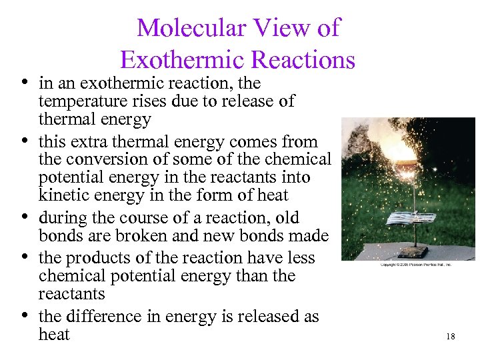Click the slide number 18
coord(451,337)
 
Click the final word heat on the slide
coord(54,334)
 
